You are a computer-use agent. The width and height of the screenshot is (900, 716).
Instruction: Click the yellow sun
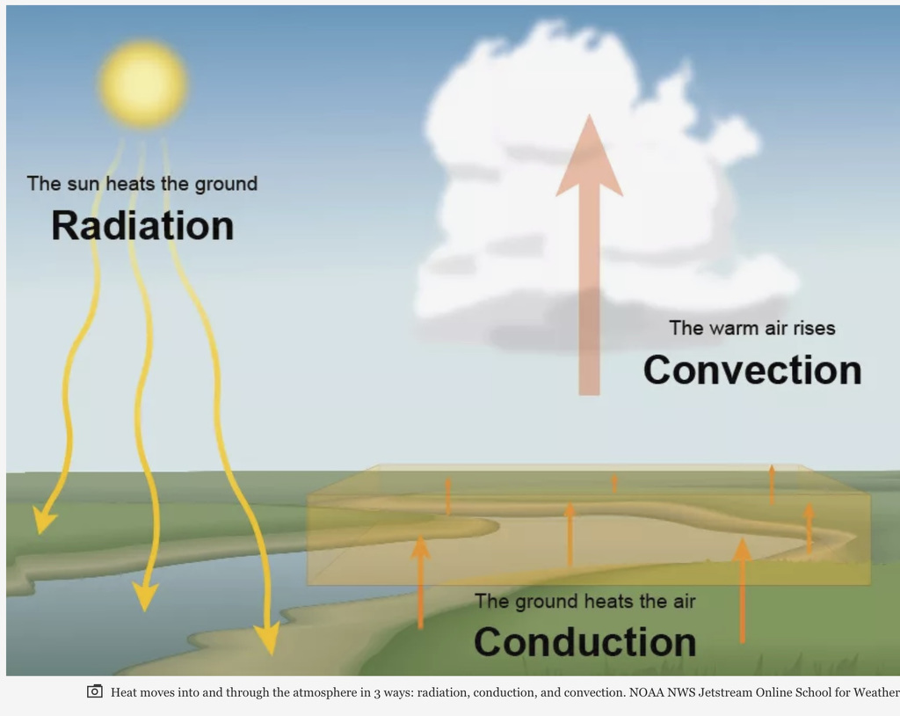142,84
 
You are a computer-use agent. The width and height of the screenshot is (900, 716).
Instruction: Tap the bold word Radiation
142,225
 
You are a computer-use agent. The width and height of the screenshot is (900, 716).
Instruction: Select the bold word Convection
751,369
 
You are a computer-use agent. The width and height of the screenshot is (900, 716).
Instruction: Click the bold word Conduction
584,641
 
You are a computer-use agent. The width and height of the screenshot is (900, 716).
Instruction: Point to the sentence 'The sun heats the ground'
142,184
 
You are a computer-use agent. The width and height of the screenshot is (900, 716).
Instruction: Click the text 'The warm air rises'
751,328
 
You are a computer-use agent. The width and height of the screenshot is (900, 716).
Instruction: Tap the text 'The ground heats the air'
584,602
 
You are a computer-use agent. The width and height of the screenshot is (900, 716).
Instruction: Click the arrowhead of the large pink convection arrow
589,158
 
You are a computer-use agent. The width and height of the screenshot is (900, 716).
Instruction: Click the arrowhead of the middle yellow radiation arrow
145,597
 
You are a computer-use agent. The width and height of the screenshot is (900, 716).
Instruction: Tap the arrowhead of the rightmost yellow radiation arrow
266,638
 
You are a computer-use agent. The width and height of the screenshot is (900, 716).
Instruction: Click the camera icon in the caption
95,691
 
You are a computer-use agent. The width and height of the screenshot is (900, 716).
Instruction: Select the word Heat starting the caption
125,692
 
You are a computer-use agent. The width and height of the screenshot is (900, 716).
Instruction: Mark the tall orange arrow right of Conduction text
743,589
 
